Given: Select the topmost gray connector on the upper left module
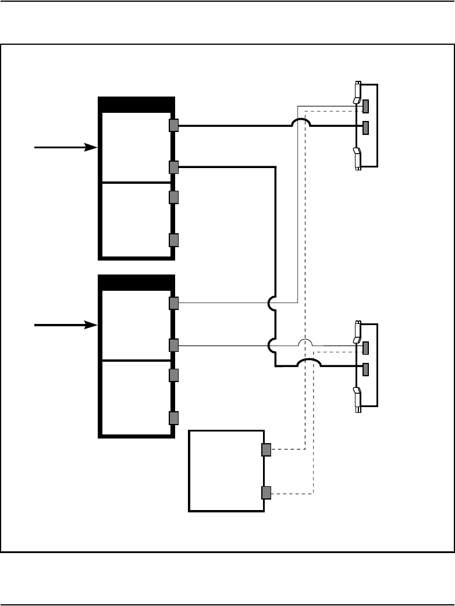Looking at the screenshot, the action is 173,125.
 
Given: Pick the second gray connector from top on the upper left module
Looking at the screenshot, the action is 173,167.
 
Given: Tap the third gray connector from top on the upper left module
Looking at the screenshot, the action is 173,197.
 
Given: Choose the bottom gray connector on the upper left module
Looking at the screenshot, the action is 173,240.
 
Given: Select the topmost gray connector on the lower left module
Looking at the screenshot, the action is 173,303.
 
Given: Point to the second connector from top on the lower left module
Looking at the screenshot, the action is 173,345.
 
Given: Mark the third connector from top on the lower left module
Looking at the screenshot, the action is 173,375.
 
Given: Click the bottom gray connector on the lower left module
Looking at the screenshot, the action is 173,418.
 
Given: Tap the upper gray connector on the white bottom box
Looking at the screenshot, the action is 266,450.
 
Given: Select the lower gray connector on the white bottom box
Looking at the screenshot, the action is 266,493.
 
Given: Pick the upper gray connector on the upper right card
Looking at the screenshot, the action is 366,106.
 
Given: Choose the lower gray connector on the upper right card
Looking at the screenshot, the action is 366,127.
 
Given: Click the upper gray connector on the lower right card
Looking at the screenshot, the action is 366,348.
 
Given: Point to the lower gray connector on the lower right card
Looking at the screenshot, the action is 366,369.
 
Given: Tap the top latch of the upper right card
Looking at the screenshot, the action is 357,93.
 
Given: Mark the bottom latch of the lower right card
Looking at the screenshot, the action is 357,400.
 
